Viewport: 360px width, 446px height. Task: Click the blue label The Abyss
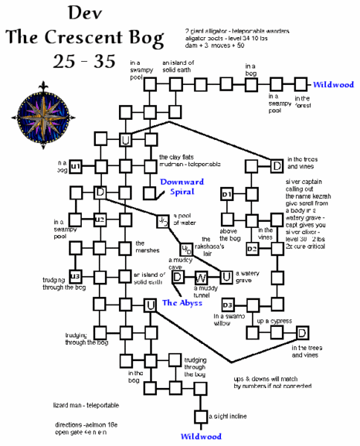pos(181,303)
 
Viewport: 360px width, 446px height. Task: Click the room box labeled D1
pos(228,194)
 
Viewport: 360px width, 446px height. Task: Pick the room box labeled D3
pos(228,305)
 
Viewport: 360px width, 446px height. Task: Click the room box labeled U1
pos(75,165)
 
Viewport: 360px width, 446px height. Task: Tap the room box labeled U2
pos(100,220)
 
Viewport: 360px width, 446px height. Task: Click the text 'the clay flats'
pos(176,157)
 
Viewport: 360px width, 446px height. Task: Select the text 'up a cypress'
pos(272,321)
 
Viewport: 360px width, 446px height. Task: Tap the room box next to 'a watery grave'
pos(228,278)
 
